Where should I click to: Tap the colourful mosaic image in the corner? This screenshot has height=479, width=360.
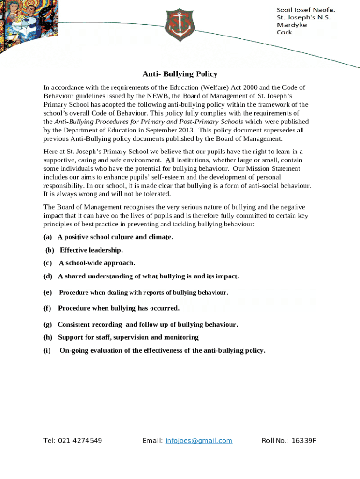coord(26,23)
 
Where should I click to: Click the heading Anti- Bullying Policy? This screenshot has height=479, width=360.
coord(180,74)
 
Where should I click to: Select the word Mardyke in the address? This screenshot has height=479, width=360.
coord(292,25)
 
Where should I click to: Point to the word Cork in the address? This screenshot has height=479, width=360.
coord(284,32)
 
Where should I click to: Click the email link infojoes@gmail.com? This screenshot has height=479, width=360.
coord(199,441)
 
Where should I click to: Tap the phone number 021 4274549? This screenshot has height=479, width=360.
coord(80,441)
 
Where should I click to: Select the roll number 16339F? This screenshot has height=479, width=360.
coord(302,441)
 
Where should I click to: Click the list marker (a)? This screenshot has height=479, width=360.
coord(48,237)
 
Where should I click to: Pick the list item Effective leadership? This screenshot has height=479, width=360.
coord(91,250)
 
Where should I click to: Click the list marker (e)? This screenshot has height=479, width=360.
coord(48,293)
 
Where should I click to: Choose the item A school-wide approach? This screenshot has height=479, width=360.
coord(97,263)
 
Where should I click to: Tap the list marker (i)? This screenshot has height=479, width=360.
coord(48,350)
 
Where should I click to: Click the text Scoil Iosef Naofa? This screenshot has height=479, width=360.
coord(306,10)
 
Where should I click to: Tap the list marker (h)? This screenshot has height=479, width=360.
coord(48,337)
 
